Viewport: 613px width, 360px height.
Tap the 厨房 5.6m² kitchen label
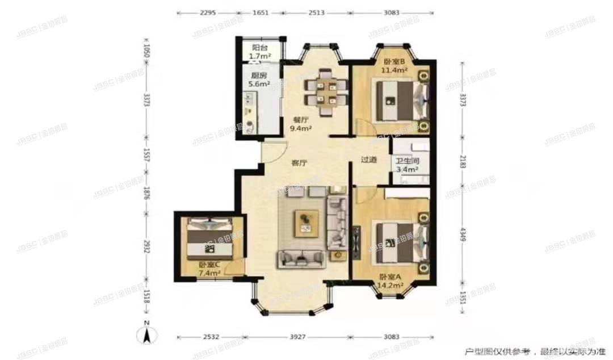(x=258, y=80)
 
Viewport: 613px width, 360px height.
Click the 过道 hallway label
(x=369, y=160)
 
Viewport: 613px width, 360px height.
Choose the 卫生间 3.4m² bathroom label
(x=407, y=165)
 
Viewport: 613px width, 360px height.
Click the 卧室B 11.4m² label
(x=395, y=66)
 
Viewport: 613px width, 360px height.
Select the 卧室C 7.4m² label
(x=209, y=269)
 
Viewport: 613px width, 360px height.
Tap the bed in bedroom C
(x=207, y=237)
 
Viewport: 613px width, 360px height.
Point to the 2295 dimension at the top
(x=207, y=12)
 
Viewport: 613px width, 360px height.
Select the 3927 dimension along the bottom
(x=297, y=337)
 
